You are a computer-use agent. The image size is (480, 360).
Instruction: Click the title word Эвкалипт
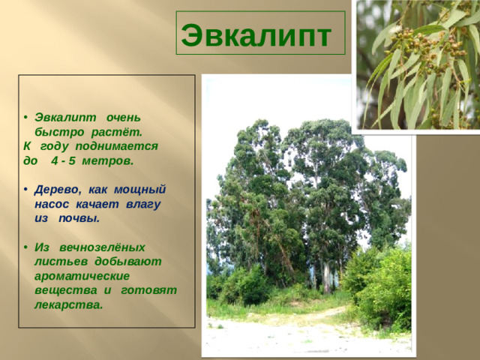pos(256,34)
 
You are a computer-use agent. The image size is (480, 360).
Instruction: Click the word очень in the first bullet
pos(123,118)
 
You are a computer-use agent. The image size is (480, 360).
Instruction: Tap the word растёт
pos(122,132)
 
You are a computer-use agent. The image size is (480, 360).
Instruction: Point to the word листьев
pos(63,260)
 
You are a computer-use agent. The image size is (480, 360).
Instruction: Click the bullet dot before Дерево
pos(25,190)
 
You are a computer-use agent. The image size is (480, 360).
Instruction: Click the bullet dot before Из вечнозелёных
pos(25,247)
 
